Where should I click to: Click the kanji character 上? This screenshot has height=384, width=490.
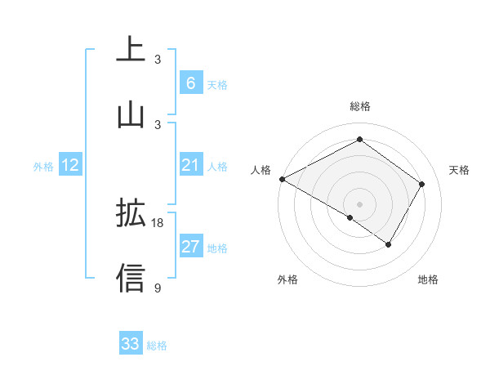131,50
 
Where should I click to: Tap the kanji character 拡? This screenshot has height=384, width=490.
131,214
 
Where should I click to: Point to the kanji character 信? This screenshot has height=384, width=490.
131,278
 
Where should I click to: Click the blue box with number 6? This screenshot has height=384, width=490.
190,83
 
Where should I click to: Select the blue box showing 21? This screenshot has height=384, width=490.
190,166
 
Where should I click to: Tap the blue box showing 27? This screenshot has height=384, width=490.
190,247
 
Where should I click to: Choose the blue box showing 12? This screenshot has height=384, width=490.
70,166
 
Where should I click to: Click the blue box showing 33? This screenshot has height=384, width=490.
130,344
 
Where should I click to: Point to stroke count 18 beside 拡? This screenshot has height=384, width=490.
158,223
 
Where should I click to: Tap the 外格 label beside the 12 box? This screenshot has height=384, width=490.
43,167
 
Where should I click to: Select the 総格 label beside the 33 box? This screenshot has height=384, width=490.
157,346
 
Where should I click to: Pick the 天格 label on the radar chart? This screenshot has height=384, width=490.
460,170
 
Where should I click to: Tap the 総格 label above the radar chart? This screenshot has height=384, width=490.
359,106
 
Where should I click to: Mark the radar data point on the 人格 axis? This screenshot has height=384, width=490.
282,179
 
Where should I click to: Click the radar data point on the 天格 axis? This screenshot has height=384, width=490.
422,184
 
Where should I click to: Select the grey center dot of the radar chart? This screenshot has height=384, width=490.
359,204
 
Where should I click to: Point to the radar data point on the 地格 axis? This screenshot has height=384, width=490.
389,244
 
